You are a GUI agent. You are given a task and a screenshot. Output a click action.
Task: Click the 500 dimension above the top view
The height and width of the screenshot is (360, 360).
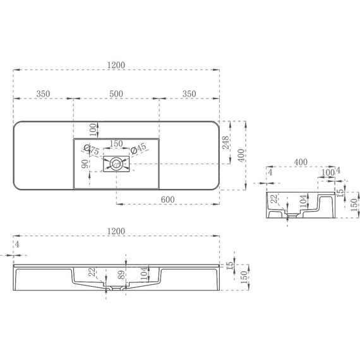pyautogui.click(x=116, y=93)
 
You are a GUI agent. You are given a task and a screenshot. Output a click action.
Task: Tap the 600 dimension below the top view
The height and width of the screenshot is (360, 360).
pyautogui.click(x=167, y=200)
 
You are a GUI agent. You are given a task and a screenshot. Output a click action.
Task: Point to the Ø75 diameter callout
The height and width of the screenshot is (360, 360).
pyautogui.click(x=92, y=150)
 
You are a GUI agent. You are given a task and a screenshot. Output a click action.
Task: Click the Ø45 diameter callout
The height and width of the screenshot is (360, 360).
pyautogui.click(x=138, y=148)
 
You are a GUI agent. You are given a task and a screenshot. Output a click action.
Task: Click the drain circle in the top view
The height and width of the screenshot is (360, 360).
pyautogui.click(x=116, y=165)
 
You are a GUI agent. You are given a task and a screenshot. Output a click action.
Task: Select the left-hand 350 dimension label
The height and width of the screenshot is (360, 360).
pyautogui.click(x=43, y=93)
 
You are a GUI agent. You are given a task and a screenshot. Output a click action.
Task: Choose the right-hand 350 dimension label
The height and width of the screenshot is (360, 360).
pyautogui.click(x=188, y=93)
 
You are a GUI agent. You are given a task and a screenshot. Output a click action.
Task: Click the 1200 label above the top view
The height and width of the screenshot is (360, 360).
pyautogui.click(x=116, y=64)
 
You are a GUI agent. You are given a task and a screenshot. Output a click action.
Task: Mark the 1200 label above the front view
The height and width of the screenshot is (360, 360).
pyautogui.click(x=116, y=232)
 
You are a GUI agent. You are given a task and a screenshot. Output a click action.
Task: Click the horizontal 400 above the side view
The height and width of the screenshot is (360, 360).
pyautogui.click(x=301, y=162)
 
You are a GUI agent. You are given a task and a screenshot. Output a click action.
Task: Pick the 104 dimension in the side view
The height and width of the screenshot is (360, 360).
pyautogui.click(x=303, y=201)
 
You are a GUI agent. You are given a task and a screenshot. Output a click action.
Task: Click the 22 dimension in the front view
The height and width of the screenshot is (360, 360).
pyautogui.click(x=93, y=273)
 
